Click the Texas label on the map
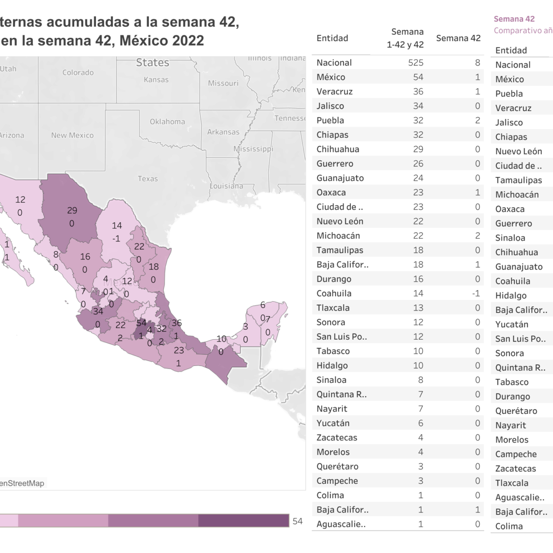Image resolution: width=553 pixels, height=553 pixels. click(147, 179)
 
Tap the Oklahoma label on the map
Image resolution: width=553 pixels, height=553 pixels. click(167, 122)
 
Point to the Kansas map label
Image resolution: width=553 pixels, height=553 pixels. click(156, 80)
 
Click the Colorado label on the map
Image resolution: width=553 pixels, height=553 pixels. click(78, 72)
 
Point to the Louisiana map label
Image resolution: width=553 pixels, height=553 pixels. click(226, 186)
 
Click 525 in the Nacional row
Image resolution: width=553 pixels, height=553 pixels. click(416, 63)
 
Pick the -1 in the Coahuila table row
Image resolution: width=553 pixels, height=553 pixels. click(476, 294)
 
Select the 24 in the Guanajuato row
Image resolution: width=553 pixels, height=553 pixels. click(418, 178)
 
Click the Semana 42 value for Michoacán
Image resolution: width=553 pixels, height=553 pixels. click(477, 235)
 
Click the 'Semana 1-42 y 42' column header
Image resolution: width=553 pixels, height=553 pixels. click(405, 38)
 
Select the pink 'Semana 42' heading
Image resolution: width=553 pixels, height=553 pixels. click(514, 19)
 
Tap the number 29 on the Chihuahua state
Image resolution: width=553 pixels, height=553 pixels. click(72, 211)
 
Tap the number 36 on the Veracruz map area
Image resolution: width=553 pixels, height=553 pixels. click(176, 323)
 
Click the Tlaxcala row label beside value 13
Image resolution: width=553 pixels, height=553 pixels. click(333, 308)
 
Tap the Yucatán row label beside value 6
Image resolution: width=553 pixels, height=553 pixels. click(333, 423)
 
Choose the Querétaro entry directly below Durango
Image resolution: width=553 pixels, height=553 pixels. click(516, 411)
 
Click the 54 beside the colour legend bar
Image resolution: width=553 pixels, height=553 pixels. click(298, 521)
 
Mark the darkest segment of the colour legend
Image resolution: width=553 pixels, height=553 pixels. click(244, 521)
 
